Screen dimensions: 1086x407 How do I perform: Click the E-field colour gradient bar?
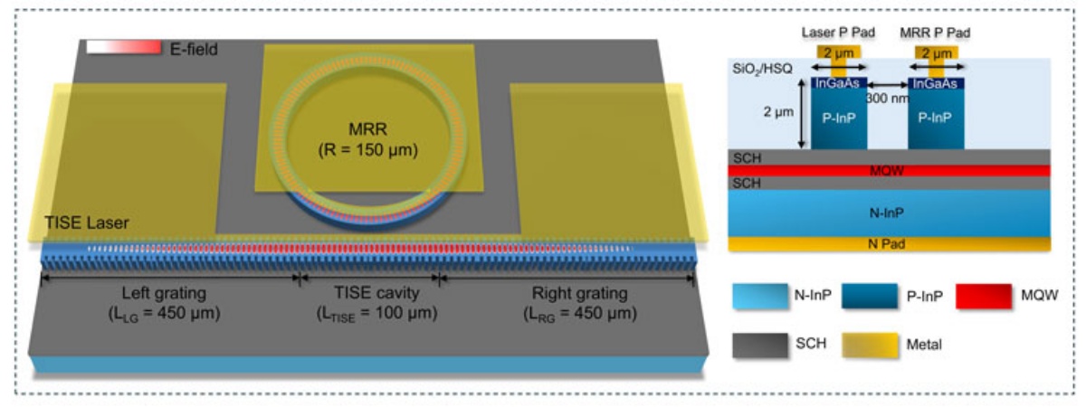124,47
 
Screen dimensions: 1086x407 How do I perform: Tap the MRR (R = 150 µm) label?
368,139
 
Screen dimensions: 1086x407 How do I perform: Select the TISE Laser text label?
87,222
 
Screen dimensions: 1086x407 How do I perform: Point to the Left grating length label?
164,303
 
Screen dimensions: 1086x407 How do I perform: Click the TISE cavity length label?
376,303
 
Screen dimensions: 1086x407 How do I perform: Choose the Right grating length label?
580,303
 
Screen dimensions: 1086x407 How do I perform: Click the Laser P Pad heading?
838,33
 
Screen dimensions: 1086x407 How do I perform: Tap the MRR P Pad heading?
935,33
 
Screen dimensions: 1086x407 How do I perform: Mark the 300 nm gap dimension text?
887,99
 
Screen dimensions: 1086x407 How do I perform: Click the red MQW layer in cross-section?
889,171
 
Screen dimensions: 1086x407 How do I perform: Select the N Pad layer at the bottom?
889,243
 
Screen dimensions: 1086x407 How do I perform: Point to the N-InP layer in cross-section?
889,213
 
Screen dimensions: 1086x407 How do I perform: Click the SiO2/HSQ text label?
762,69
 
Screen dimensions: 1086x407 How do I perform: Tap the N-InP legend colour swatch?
760,296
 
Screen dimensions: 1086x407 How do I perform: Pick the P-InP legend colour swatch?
870,296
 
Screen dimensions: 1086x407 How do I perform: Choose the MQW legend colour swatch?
984,296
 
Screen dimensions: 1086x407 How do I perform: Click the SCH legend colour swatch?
760,345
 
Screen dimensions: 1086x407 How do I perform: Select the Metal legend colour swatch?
870,345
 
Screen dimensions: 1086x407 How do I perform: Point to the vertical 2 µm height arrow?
802,113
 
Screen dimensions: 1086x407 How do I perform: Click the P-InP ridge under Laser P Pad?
839,118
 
